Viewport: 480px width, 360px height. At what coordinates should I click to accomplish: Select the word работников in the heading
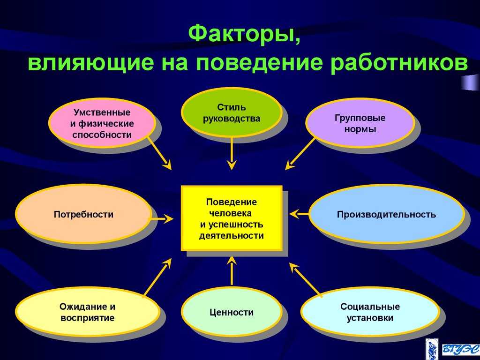tap(399, 63)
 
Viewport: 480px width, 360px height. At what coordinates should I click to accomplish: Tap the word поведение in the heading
tap(259, 63)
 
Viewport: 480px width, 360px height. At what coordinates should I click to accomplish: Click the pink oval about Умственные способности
tap(102, 123)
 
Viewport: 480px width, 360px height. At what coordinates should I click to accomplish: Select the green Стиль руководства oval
tap(232, 112)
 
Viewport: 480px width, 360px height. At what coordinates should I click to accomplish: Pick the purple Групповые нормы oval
tap(360, 123)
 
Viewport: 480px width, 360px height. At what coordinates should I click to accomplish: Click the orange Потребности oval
tap(83, 214)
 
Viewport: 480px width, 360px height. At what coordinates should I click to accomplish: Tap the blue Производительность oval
tap(386, 214)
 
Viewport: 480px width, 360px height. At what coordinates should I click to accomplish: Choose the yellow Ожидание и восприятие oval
tap(88, 312)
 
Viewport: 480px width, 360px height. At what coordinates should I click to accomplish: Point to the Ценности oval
tap(232, 312)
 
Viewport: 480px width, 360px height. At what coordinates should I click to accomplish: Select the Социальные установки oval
tap(370, 312)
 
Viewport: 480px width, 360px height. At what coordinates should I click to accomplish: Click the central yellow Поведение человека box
tap(232, 218)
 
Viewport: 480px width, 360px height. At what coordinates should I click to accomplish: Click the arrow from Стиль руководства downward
tap(232, 153)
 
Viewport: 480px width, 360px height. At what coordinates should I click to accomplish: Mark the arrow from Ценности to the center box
tap(232, 271)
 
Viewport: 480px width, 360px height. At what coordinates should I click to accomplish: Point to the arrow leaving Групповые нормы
tap(300, 154)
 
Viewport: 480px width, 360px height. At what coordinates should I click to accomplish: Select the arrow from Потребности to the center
tap(160, 218)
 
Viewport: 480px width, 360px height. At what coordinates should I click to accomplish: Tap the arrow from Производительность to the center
tap(300, 214)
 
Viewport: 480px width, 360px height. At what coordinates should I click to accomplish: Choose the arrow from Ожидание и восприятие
tap(157, 277)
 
